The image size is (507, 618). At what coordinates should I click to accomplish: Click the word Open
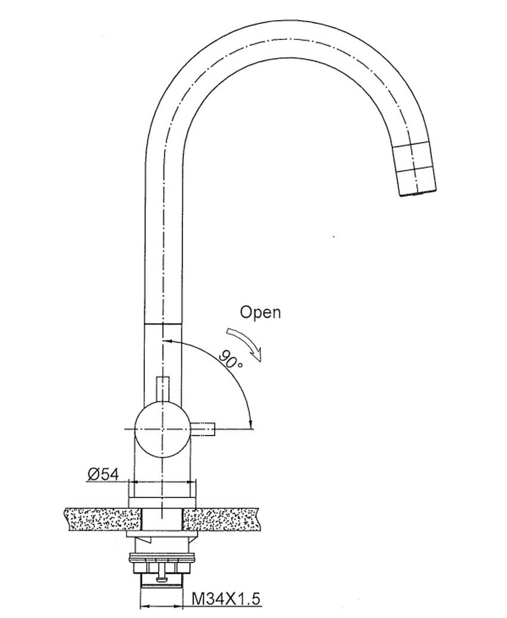[261, 312]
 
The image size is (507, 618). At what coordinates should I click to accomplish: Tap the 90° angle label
[231, 359]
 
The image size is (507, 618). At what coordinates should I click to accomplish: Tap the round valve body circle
[162, 429]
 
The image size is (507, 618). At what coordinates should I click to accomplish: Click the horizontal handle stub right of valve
[203, 429]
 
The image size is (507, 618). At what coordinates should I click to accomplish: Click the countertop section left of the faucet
[102, 519]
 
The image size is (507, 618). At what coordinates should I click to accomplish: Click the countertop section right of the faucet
[222, 519]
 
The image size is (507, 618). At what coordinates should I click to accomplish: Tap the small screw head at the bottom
[162, 579]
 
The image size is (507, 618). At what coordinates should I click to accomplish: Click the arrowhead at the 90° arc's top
[166, 341]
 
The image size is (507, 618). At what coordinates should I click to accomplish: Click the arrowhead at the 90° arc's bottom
[251, 424]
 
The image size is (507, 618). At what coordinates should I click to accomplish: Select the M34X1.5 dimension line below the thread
[162, 606]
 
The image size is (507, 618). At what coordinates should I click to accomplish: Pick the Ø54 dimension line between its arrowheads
[162, 481]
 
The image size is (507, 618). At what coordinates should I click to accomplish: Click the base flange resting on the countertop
[162, 503]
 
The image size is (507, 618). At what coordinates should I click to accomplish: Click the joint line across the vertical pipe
[163, 325]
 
